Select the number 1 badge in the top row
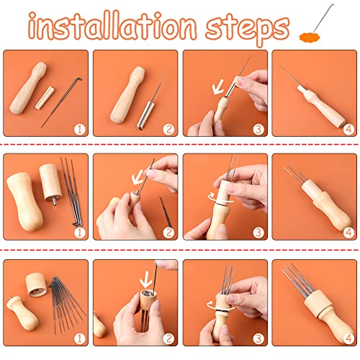(80, 130)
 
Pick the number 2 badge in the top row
(168, 130)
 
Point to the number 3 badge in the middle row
(257, 232)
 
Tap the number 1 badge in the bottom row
(80, 337)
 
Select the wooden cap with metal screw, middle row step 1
(50, 182)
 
